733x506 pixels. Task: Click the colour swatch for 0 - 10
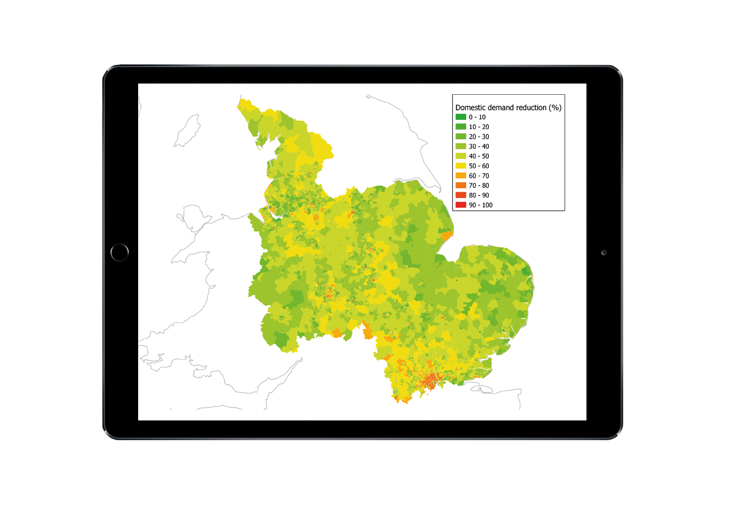tap(460, 117)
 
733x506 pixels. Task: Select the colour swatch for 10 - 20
tap(460, 127)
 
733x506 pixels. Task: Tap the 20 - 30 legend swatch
tap(460, 137)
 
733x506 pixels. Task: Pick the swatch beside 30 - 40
tap(460, 146)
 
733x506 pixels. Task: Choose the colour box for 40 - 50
tap(460, 156)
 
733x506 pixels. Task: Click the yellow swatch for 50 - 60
tap(460, 166)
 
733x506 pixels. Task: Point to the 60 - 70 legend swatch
tap(460, 176)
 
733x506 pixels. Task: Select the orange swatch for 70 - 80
tap(460, 185)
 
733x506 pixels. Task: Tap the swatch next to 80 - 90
tap(460, 195)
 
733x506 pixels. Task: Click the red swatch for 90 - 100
tap(460, 205)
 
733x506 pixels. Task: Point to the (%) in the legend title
tap(555, 108)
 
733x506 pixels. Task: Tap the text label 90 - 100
tap(480, 205)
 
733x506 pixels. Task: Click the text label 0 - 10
tap(477, 117)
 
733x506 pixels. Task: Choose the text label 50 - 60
tap(479, 166)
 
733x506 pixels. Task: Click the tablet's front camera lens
tap(603, 253)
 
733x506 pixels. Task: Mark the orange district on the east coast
tap(447, 236)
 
